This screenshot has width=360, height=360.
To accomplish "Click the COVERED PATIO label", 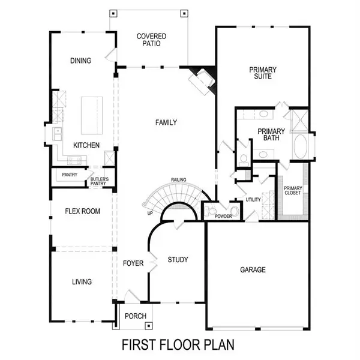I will (x=151, y=40).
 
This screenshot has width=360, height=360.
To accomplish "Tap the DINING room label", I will (x=80, y=61).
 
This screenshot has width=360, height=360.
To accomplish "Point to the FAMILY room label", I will (x=166, y=123).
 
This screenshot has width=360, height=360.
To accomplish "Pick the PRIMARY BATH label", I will (x=270, y=134).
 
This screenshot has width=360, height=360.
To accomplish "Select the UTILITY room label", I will (x=253, y=200).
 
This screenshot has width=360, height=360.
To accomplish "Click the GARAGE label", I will (x=253, y=270).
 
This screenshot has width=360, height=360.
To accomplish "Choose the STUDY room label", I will (x=178, y=260).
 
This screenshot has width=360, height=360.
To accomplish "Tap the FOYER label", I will (x=133, y=263).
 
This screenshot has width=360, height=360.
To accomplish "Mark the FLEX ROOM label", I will (x=83, y=211).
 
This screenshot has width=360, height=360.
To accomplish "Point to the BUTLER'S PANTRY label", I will (x=100, y=181).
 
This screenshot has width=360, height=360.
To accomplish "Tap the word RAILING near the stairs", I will (x=178, y=179).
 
